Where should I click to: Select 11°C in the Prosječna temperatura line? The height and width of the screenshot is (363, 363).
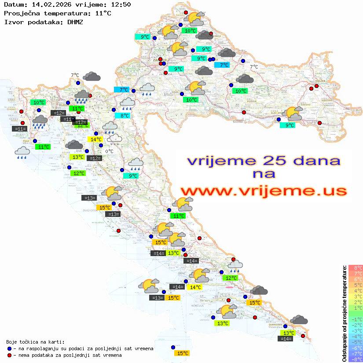(x=103, y=13)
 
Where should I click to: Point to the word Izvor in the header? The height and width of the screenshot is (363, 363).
(x=14, y=22)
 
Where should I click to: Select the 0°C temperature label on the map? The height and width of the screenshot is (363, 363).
(x=109, y=151)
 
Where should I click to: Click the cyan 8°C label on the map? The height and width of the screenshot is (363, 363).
(x=125, y=116)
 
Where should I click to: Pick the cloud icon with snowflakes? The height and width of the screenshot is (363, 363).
(x=115, y=139)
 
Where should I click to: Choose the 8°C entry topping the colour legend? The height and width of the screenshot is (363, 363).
(x=356, y=268)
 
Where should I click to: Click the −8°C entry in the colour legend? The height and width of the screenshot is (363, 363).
(x=355, y=359)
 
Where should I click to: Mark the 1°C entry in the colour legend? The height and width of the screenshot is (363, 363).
(x=356, y=308)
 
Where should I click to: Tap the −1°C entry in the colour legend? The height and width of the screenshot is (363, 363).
(x=355, y=319)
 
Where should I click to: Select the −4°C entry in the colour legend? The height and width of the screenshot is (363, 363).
(x=355, y=337)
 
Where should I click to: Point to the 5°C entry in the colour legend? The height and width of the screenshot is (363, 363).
(x=356, y=285)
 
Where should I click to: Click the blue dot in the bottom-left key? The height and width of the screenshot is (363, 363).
(x=9, y=348)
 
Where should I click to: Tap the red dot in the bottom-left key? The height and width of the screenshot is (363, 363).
(x=9, y=355)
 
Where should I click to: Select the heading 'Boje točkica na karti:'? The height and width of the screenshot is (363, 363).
(x=35, y=342)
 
